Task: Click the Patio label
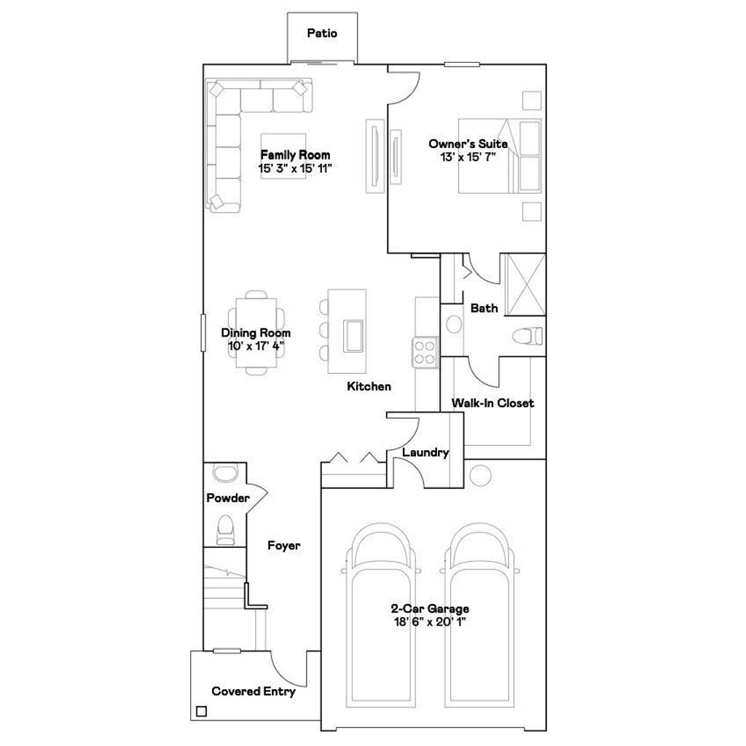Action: (322, 33)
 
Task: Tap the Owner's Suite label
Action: (468, 144)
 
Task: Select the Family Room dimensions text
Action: (296, 168)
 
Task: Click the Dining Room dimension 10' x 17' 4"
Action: (256, 346)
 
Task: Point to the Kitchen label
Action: (369, 386)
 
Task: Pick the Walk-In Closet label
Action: (492, 403)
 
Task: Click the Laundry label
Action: (425, 452)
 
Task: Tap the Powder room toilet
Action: (225, 529)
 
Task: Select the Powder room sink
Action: (224, 473)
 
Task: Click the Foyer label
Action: (283, 545)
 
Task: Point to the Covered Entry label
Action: (254, 691)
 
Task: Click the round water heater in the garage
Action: (480, 476)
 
